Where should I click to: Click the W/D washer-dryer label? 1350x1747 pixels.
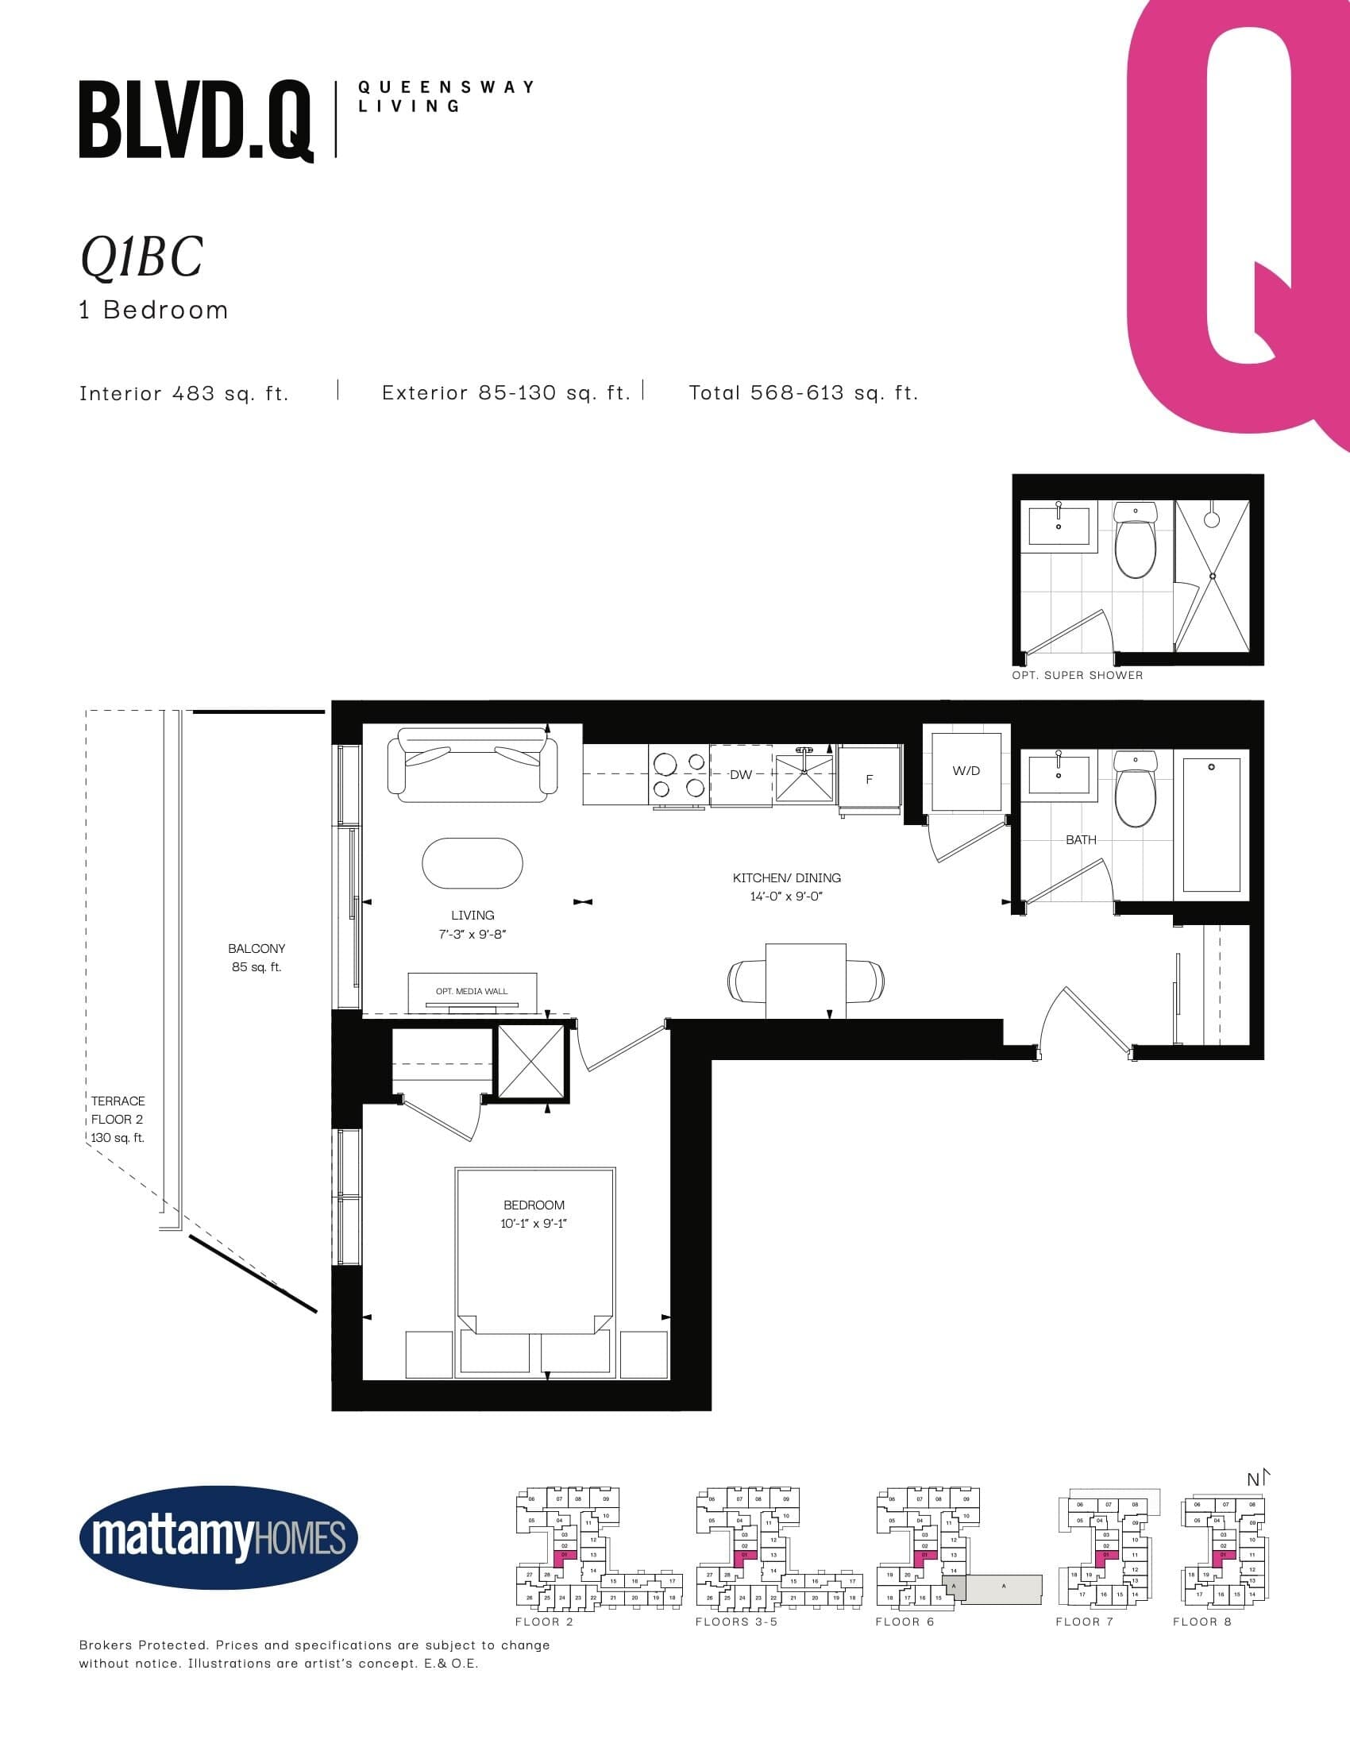pos(966,771)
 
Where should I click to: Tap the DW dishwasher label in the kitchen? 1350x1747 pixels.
pos(741,774)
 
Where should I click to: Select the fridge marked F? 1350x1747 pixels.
pos(870,779)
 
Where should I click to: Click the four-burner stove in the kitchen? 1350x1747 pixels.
pos(679,776)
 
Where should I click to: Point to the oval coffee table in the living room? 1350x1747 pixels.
pos(472,863)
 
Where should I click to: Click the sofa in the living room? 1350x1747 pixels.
pos(472,765)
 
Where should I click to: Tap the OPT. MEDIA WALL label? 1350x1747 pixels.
pos(472,991)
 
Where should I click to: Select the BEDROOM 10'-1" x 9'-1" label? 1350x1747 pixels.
pos(534,1213)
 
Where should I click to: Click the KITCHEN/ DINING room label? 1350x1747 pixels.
pos(786,886)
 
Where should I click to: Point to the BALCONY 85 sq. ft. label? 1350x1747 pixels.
pos(256,958)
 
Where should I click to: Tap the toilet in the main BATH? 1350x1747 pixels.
pos(1135,789)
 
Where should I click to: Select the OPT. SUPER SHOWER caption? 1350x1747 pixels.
pos(1078,675)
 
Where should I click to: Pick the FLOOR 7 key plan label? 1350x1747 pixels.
pos(1084,1622)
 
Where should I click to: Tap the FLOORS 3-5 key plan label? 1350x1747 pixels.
pos(736,1622)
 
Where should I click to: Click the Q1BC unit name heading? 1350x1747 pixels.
pos(141,257)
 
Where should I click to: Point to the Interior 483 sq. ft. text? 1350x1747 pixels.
pos(184,393)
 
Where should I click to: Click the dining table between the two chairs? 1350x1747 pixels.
pos(805,980)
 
